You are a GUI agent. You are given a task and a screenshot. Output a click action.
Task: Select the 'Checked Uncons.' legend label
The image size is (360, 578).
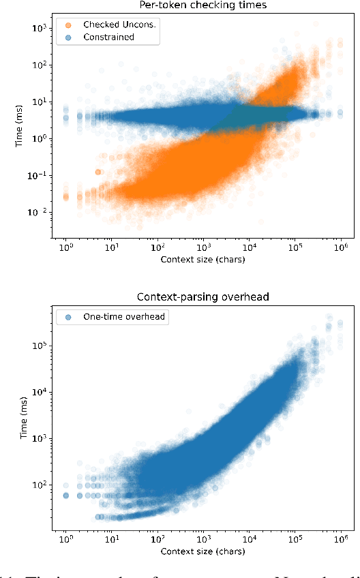(119, 25)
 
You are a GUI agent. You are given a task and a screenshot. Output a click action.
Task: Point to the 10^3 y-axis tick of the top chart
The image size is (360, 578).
(38, 29)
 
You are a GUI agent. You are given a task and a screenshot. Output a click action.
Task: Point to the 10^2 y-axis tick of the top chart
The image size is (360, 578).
(38, 65)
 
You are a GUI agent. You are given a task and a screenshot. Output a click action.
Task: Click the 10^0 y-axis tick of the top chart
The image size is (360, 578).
(38, 139)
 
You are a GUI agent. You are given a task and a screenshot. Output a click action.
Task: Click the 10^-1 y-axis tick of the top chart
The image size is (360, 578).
(37, 176)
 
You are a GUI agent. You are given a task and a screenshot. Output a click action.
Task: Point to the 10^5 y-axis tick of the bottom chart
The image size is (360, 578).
(38, 345)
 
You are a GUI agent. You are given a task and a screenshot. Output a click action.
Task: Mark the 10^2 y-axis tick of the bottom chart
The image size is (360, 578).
(38, 485)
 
